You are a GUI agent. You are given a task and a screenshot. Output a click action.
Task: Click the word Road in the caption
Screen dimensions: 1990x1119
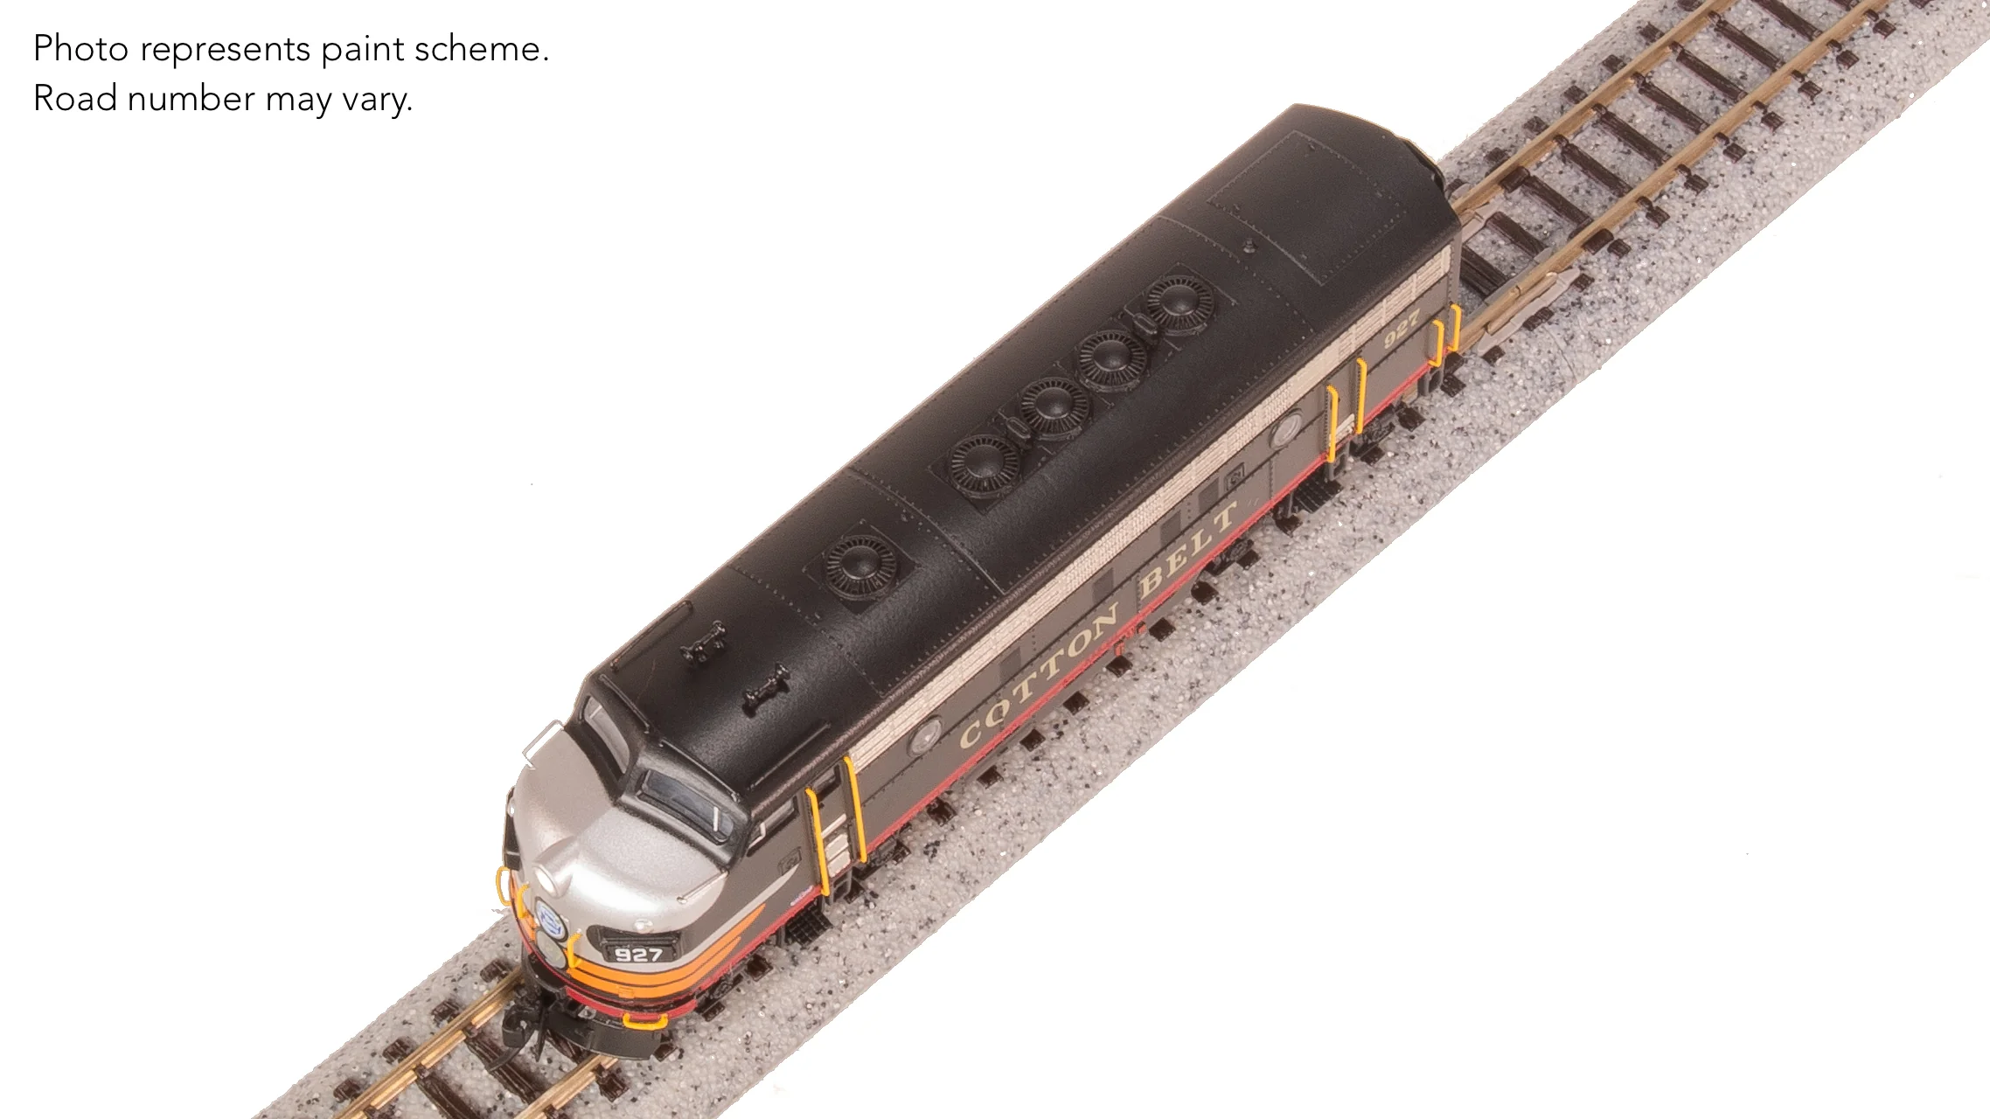[75, 99]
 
